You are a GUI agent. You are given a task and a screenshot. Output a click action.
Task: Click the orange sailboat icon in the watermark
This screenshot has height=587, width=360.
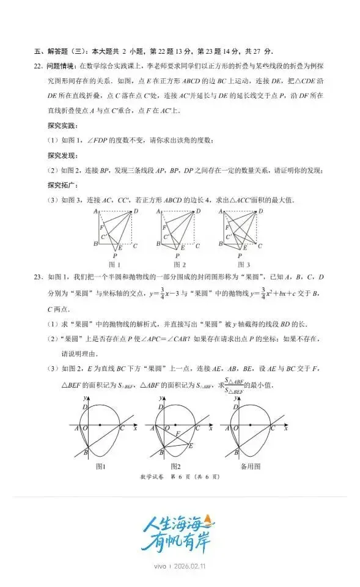click(210, 521)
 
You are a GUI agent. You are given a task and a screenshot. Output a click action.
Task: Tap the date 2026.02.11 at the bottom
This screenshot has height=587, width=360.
click(190, 566)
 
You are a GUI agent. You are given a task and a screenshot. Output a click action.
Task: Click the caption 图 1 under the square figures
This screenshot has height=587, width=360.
click(114, 264)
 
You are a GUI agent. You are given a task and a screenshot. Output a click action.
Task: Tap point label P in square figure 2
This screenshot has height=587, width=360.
click(178, 256)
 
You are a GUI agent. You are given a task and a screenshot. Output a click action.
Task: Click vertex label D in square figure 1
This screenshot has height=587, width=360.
click(136, 211)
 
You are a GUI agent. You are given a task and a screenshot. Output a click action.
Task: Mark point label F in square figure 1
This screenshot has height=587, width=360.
click(101, 227)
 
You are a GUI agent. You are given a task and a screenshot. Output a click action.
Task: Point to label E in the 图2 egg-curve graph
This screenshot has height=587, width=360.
click(191, 446)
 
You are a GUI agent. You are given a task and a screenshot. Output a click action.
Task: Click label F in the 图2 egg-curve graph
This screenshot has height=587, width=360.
click(177, 433)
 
